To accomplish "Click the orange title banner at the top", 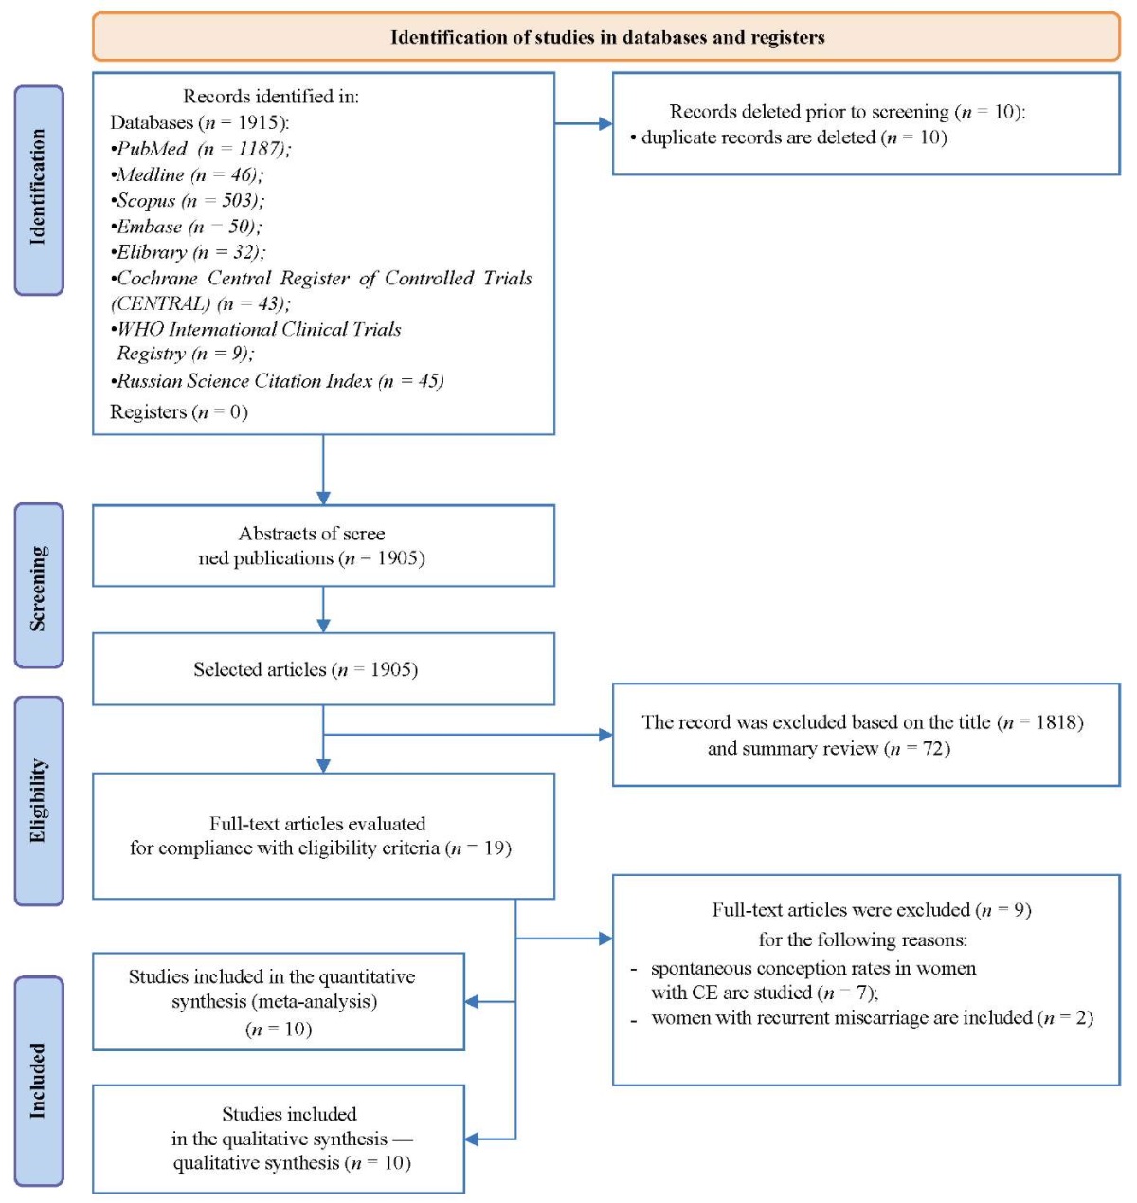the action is (605, 37).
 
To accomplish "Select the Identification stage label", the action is (39, 190).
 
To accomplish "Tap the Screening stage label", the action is (39, 585).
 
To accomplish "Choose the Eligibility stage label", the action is (39, 800).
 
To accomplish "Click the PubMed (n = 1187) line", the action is (201, 149).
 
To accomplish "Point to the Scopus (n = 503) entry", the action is (188, 201).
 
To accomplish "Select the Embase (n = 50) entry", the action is (187, 227).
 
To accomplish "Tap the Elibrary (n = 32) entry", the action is (189, 252).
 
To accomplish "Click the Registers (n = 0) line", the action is (179, 411).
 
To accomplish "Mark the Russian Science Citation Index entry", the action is (278, 381).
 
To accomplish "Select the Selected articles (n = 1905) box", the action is (323, 669).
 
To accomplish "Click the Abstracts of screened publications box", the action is (323, 545).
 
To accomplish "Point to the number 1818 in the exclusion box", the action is (1055, 722).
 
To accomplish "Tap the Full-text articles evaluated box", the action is (323, 836).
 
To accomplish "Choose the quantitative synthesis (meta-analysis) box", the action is (279, 1002).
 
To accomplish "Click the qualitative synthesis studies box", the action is (279, 1139).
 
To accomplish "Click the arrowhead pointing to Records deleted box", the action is (605, 123).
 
